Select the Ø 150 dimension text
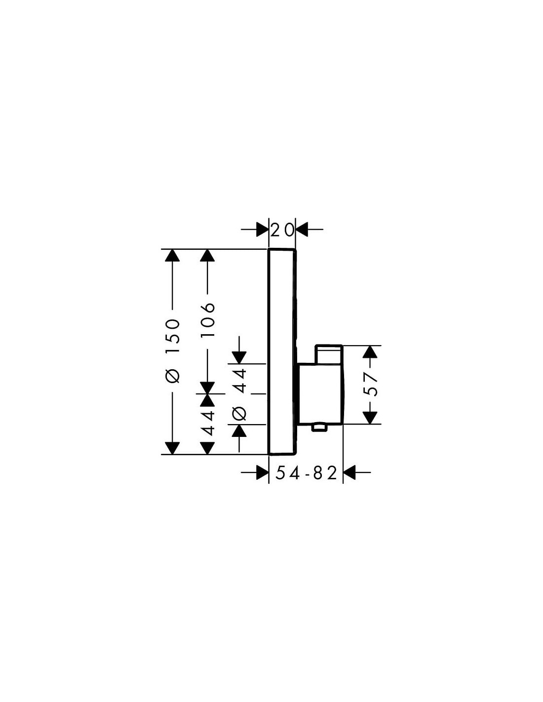point(172,351)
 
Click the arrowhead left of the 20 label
point(262,230)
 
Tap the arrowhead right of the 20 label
point(302,230)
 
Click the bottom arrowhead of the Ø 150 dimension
point(172,448)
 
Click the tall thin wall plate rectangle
point(282,351)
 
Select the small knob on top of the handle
point(328,354)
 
